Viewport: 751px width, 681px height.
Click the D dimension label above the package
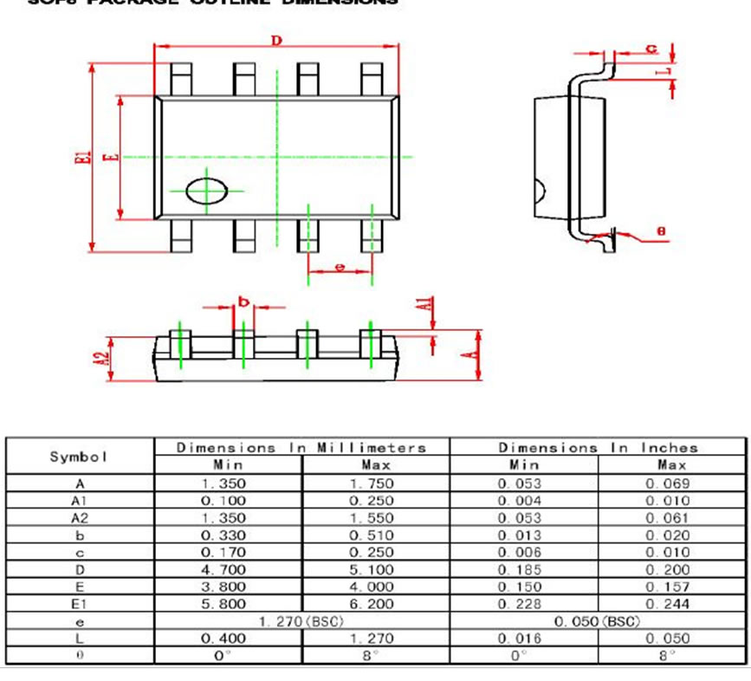pyautogui.click(x=277, y=41)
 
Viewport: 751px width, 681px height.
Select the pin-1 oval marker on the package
pyautogui.click(x=208, y=191)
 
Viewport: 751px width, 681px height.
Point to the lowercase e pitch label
pyautogui.click(x=340, y=268)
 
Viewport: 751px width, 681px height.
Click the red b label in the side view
pyautogui.click(x=243, y=302)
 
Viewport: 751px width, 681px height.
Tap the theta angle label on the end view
pyautogui.click(x=661, y=231)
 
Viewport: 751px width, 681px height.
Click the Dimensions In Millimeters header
pyautogui.click(x=301, y=448)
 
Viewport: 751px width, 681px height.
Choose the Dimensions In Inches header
pyautogui.click(x=598, y=448)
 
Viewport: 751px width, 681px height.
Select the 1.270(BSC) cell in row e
pyautogui.click(x=301, y=621)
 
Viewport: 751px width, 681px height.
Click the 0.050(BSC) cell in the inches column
pyautogui.click(x=598, y=621)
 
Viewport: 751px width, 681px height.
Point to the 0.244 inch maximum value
pyautogui.click(x=672, y=604)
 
